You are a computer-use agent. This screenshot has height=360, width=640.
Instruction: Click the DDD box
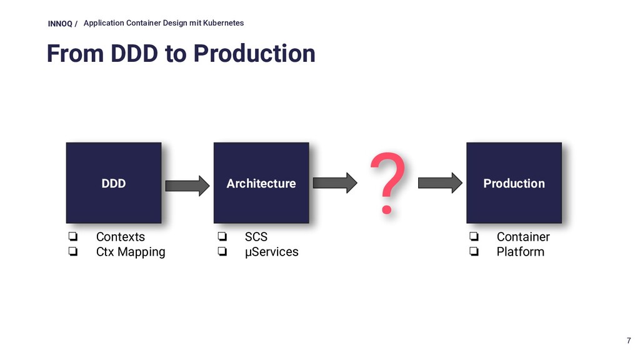pos(114,183)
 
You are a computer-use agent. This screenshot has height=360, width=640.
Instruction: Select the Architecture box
pos(261,183)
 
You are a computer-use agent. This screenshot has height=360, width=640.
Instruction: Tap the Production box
pos(514,183)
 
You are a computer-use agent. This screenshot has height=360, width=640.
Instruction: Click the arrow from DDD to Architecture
pos(187,186)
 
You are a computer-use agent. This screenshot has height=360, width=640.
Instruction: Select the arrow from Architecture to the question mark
pos(335,183)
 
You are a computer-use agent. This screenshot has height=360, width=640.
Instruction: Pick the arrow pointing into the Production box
pos(440,183)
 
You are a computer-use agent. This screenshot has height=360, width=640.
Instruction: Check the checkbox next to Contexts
pos(73,236)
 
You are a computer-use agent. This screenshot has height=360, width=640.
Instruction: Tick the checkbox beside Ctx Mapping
pos(73,251)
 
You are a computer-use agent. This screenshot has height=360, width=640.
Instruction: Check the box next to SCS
pos(222,236)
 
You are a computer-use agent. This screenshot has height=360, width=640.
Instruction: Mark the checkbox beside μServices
pos(222,251)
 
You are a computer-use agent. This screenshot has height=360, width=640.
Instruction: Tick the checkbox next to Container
pos(474,236)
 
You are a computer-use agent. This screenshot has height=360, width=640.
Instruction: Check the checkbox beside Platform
pos(474,251)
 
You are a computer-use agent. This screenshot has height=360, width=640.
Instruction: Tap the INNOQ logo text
pos(60,24)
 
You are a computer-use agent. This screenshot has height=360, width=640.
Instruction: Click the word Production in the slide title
pos(254,54)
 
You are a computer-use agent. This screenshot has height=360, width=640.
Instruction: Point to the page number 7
pos(629,341)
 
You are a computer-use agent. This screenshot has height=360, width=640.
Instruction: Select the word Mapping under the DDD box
pos(141,252)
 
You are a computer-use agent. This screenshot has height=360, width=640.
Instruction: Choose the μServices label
pos(271,252)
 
